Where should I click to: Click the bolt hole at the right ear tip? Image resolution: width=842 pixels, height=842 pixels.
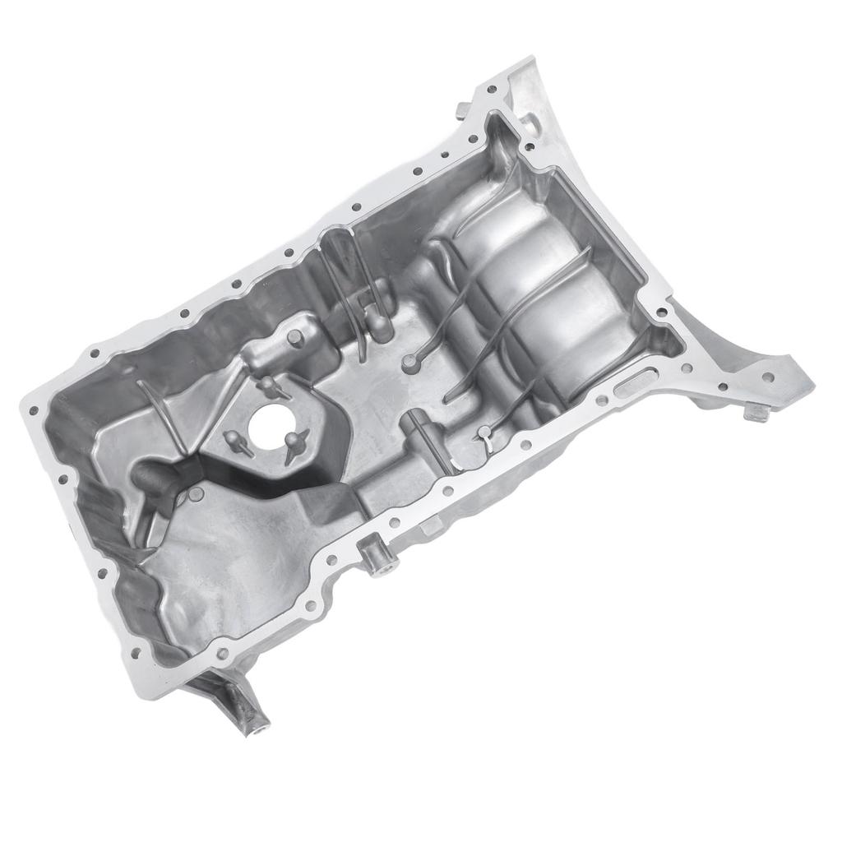point(767,377)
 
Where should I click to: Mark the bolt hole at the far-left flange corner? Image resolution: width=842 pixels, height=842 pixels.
point(34,409)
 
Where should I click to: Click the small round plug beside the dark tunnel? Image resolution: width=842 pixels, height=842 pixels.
point(196,494)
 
